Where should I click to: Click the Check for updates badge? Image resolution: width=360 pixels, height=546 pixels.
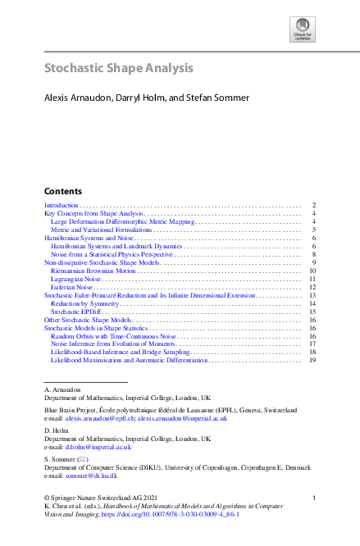coord(303,30)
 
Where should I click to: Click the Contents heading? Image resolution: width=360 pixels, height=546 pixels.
coord(62,189)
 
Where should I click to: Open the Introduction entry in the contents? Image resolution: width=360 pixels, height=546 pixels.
coord(61,205)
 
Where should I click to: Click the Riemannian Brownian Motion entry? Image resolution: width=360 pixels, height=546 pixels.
coord(93,270)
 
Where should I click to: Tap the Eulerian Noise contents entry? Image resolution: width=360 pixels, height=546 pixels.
coord(71,288)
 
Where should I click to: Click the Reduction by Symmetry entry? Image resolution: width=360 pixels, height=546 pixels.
coord(84,303)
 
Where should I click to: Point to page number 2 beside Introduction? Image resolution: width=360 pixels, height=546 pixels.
coord(314,205)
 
